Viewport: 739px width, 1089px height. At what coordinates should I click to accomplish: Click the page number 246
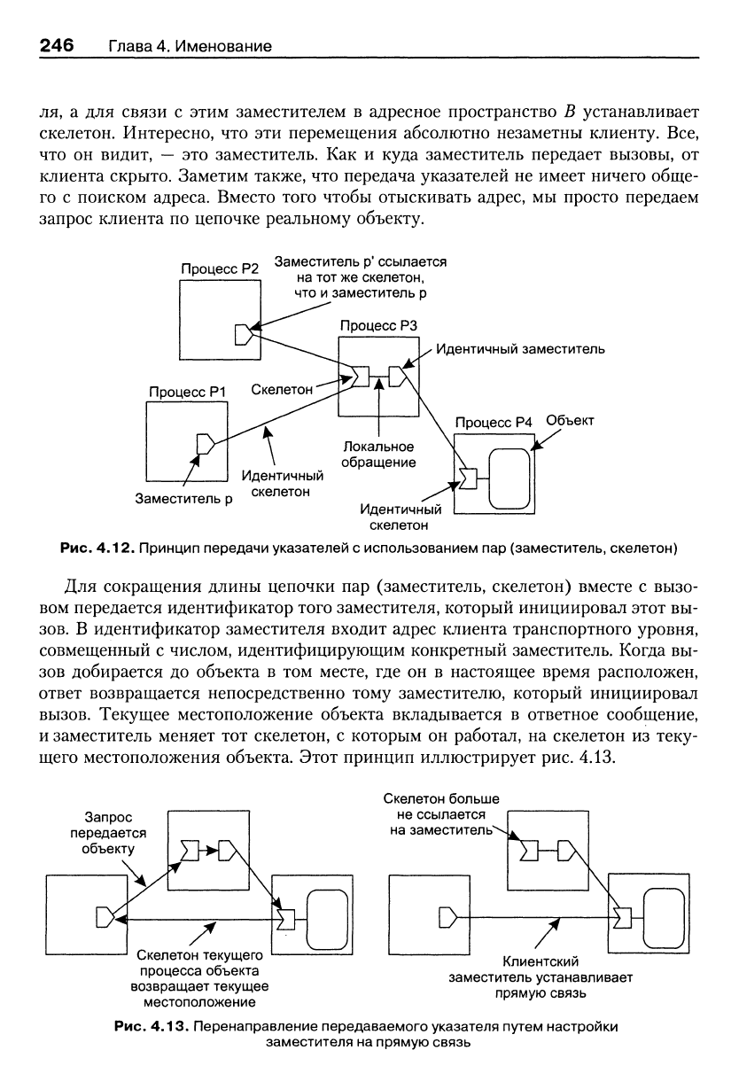click(x=57, y=45)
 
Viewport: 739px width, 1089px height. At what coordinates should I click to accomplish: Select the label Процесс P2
click(x=220, y=268)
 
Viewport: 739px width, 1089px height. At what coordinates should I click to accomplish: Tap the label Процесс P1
click(x=187, y=392)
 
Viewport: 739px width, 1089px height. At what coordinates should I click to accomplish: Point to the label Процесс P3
click(x=378, y=325)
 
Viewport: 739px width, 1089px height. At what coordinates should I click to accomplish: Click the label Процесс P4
click(x=494, y=423)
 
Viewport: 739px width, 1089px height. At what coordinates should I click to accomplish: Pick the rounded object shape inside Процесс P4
click(x=509, y=478)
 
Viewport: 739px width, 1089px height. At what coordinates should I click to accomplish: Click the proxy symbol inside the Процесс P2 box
click(x=244, y=334)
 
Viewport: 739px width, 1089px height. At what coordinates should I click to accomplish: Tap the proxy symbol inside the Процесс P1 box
click(x=206, y=443)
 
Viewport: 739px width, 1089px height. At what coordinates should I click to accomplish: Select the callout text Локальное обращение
click(x=378, y=454)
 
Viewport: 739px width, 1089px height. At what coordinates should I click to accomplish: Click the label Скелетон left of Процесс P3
click(x=282, y=389)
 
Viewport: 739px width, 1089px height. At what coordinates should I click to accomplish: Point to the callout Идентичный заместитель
click(x=520, y=349)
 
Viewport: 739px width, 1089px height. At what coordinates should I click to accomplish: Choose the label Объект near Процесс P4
click(x=570, y=421)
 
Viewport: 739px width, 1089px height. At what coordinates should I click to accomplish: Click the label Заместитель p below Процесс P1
click(x=183, y=499)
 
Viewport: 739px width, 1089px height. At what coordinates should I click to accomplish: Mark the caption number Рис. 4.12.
click(x=97, y=548)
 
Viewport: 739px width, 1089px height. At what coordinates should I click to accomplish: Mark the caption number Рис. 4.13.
click(x=152, y=1027)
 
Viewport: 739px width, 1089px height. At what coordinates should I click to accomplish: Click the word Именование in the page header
click(x=223, y=46)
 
